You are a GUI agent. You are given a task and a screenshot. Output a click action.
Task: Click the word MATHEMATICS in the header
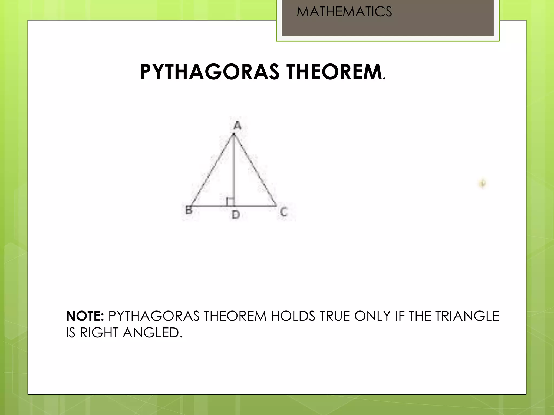344,12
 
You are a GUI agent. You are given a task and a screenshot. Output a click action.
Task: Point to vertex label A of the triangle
237,125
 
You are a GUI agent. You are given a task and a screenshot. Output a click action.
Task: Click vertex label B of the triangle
189,210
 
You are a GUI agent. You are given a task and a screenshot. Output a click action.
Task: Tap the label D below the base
236,215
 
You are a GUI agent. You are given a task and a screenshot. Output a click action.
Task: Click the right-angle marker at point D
230,202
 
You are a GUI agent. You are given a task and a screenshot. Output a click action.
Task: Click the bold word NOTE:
85,316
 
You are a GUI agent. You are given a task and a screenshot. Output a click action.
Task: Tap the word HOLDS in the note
293,316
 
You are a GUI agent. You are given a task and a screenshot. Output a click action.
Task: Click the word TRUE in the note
335,316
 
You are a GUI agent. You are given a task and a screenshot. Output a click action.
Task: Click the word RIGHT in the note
99,333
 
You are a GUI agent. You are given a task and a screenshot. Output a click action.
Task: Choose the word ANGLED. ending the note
153,333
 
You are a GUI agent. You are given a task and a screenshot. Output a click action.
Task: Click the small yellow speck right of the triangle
483,184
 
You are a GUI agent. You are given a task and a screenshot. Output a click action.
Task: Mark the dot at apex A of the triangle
234,134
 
